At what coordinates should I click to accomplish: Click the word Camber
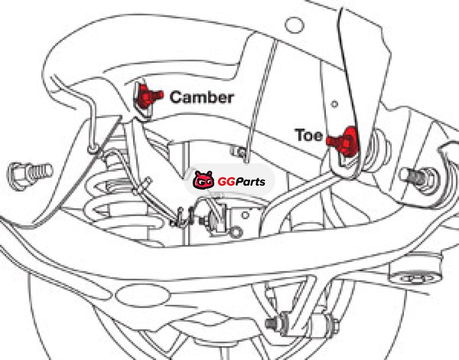[x=201, y=97]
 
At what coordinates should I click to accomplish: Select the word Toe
[x=309, y=136]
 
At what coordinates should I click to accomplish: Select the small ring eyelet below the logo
[x=235, y=232]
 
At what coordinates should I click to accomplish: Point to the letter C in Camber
[x=176, y=97]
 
